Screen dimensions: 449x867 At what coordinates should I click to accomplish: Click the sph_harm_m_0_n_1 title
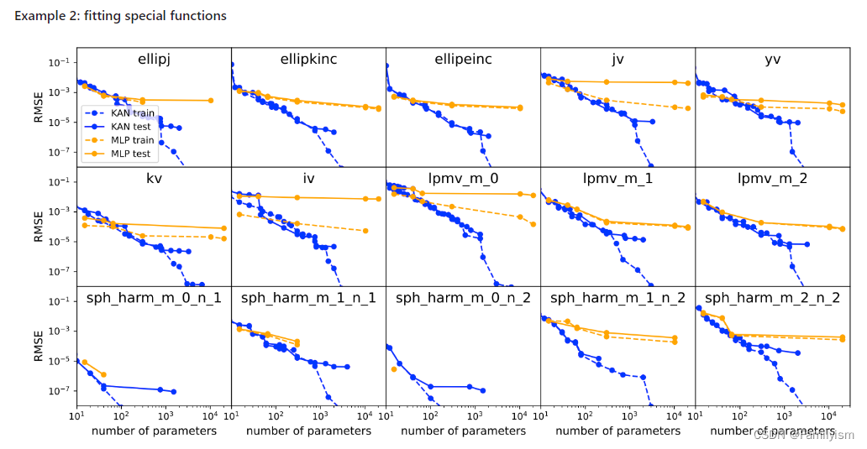[x=154, y=298]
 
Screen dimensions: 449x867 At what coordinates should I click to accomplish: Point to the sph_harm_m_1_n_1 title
[x=308, y=298]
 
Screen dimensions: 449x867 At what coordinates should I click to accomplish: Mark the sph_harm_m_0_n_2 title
[x=463, y=298]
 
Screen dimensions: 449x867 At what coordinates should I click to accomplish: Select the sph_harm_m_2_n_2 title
[x=773, y=298]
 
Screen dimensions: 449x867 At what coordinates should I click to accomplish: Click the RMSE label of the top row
[x=38, y=107]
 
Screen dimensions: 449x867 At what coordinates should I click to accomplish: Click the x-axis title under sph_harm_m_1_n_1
[x=308, y=431]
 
